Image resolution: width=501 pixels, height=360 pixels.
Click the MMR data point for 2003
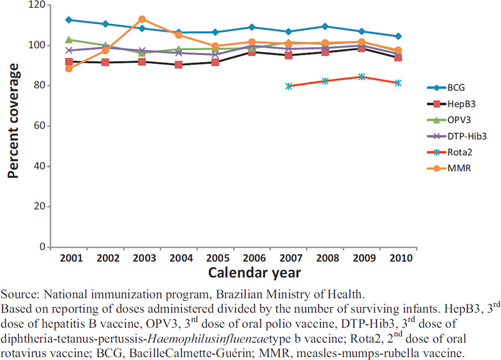click(x=142, y=19)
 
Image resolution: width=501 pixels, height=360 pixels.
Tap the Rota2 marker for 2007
click(x=288, y=86)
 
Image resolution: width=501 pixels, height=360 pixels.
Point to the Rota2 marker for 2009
click(x=361, y=77)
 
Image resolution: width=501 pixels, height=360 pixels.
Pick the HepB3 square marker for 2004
click(x=178, y=64)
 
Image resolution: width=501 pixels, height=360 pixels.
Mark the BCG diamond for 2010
click(x=398, y=36)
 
